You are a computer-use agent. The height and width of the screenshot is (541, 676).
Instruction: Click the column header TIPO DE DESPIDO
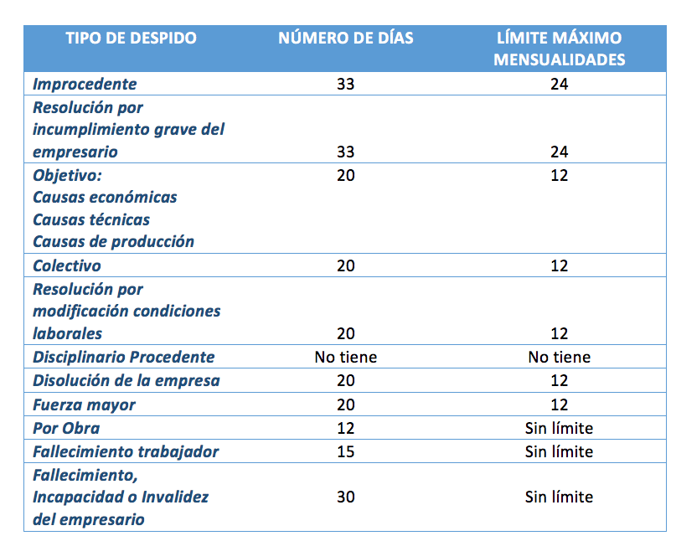click(x=131, y=38)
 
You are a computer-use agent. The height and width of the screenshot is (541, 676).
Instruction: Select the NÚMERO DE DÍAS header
click(x=346, y=38)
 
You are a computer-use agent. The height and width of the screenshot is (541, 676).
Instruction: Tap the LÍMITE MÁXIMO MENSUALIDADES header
click(x=560, y=49)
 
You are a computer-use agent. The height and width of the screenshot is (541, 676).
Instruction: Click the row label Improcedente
click(x=85, y=84)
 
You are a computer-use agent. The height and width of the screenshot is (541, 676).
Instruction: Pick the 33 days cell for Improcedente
click(x=346, y=84)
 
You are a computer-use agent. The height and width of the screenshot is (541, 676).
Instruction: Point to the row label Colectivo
click(x=67, y=265)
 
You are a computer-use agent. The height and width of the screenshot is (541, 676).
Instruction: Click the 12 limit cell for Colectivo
click(x=560, y=265)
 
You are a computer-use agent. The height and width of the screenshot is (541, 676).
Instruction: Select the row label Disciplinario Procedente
click(x=124, y=357)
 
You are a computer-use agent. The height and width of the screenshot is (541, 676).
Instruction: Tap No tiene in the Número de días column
click(x=346, y=357)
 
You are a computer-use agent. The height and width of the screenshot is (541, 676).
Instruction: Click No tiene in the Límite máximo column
click(x=560, y=357)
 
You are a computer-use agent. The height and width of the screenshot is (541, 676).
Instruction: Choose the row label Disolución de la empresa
click(x=126, y=381)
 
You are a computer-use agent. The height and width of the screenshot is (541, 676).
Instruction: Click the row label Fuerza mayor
click(x=84, y=404)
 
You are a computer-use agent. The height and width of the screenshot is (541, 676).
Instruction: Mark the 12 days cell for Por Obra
click(x=346, y=428)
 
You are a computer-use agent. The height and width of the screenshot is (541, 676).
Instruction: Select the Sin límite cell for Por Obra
click(x=560, y=428)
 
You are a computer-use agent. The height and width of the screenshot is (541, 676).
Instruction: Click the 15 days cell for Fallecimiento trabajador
click(x=346, y=451)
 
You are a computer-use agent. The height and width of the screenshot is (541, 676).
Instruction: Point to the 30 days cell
click(x=346, y=497)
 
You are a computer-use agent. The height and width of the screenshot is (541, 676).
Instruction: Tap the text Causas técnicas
click(x=91, y=220)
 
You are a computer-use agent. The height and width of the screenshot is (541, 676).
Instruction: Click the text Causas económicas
click(x=105, y=198)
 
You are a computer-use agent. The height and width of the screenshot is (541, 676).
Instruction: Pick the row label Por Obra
click(x=66, y=428)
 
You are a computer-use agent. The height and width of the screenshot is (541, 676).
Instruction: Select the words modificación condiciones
click(x=126, y=311)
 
